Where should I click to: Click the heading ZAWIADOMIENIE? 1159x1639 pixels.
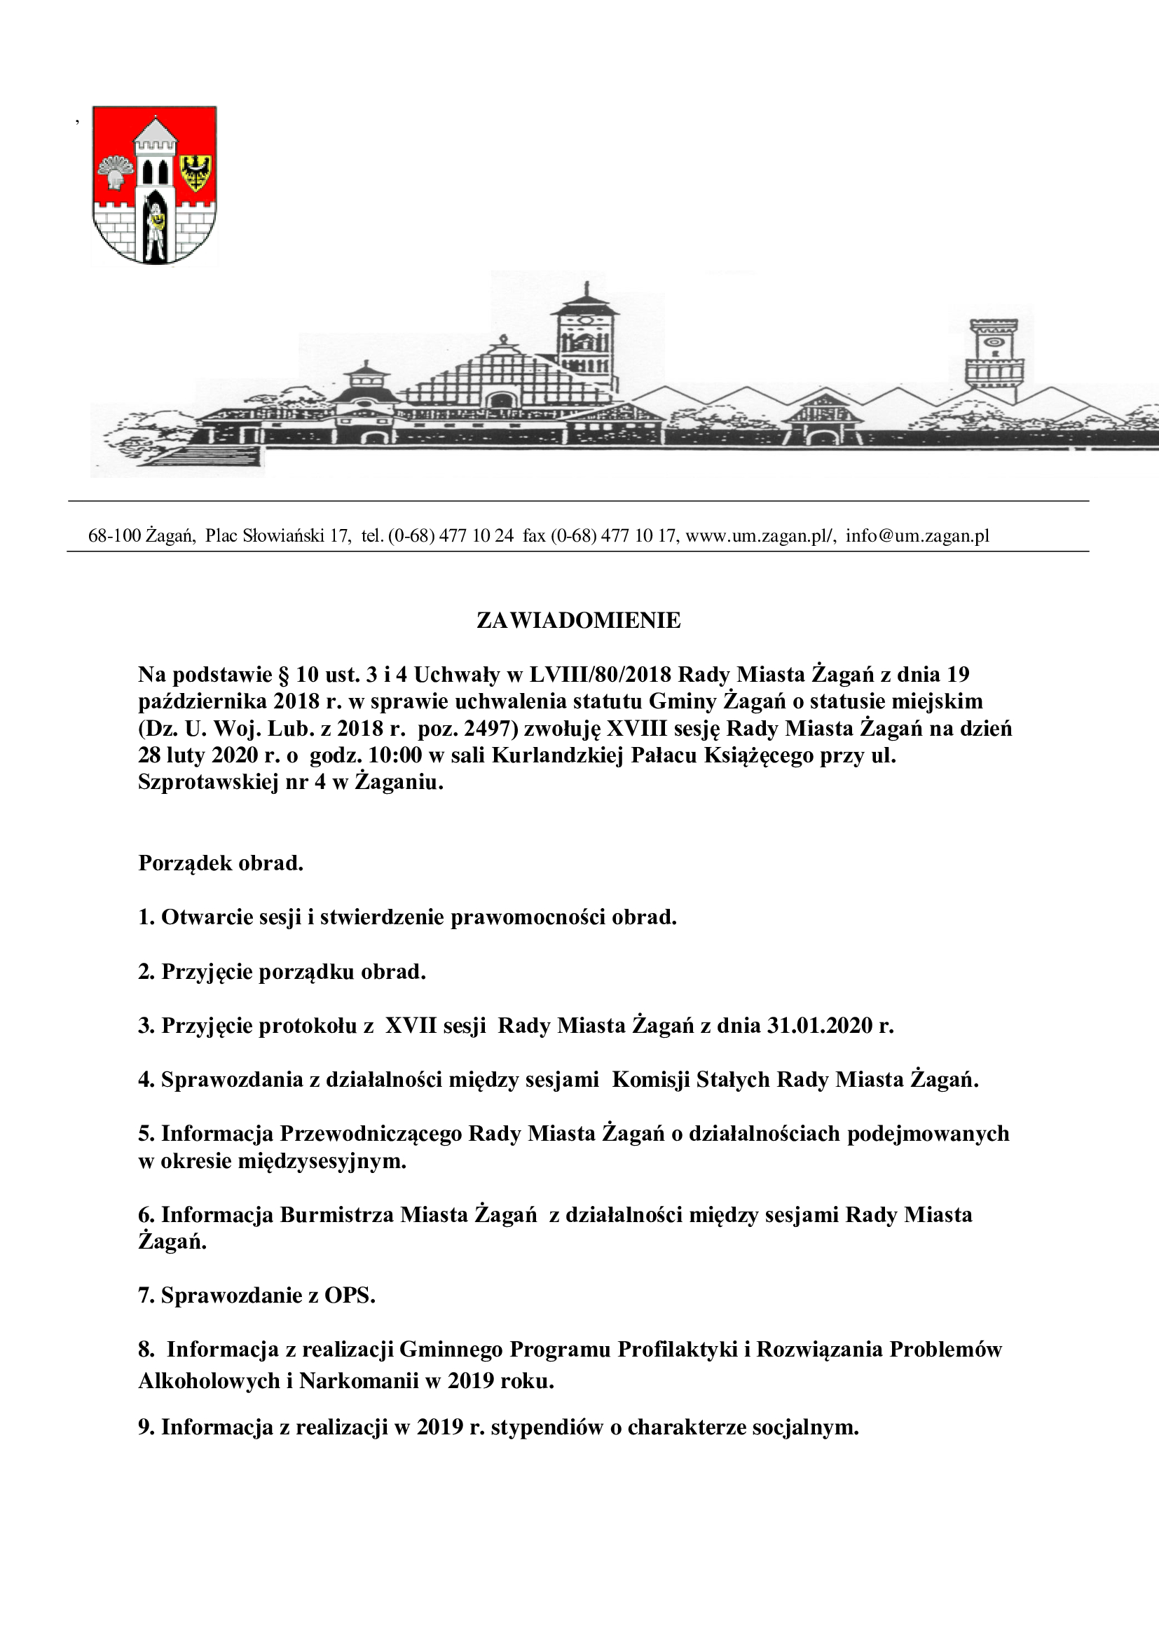click(x=578, y=621)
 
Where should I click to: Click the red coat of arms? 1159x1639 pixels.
click(x=155, y=185)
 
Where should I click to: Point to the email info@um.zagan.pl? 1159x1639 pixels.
click(x=918, y=536)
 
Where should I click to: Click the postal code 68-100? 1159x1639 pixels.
click(x=114, y=536)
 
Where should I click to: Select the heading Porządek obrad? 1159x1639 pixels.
click(x=221, y=863)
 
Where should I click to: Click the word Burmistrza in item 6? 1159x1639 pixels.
click(x=336, y=1214)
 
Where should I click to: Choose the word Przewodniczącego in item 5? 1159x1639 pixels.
click(x=371, y=1134)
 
